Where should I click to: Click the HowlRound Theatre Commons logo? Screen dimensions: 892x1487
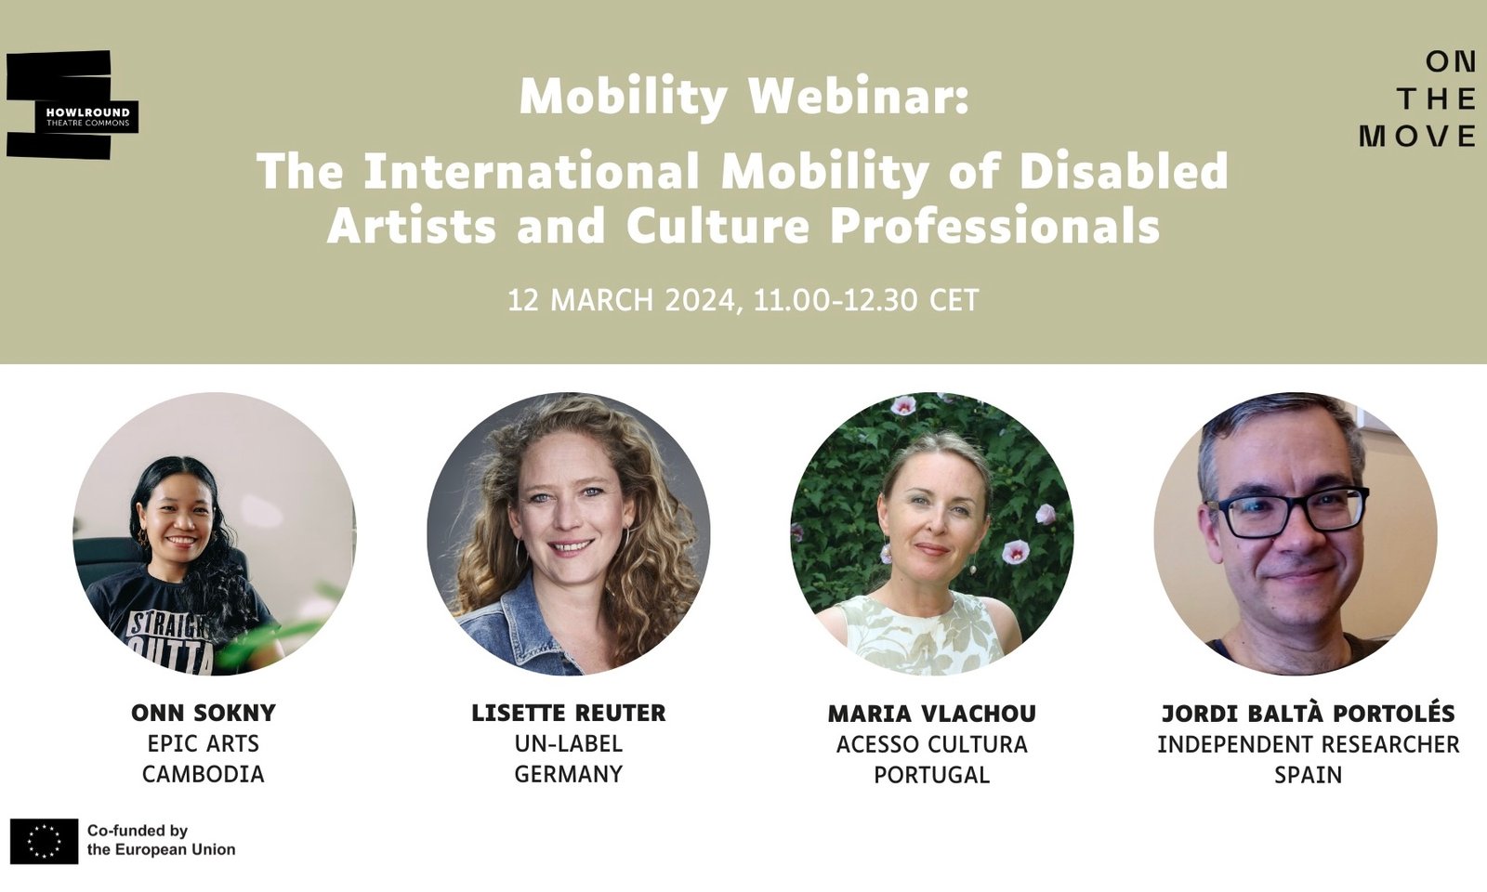coord(72,105)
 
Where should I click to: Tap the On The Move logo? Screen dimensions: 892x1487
coord(1418,99)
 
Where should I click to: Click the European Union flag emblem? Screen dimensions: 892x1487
coord(44,841)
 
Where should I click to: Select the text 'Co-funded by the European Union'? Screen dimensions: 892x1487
coord(161,840)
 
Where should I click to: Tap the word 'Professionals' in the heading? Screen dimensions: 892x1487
coord(994,226)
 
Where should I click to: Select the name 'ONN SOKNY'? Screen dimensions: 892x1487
coord(204,714)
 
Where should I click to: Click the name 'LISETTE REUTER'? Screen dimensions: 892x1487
coord(569,714)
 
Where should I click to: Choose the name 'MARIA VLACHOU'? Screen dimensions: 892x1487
coord(931,714)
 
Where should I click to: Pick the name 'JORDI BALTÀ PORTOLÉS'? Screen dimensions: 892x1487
coord(1308,714)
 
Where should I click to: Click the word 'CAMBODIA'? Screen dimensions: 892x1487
coord(204,774)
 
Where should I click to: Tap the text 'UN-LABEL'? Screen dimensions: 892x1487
coord(569,744)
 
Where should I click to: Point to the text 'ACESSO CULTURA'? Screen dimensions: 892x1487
coord(931,744)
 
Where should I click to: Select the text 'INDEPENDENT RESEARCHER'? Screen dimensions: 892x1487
coord(1308,744)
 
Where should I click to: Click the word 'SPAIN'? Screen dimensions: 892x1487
coord(1308,774)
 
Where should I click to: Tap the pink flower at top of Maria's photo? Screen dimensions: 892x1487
coord(902,405)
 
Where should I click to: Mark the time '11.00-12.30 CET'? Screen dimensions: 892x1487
coord(866,300)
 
